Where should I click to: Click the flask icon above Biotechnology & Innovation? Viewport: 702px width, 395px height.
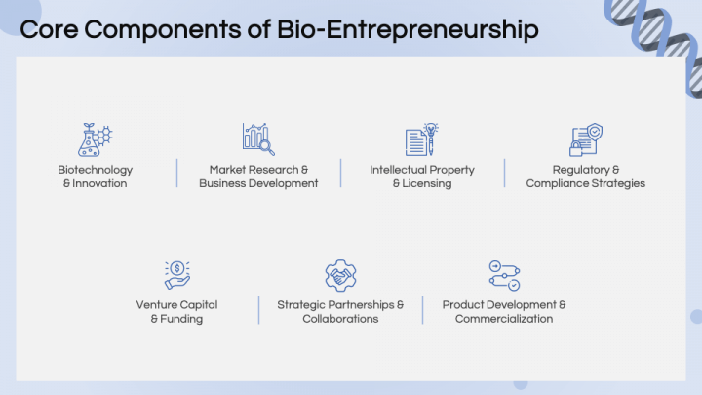[x=95, y=139]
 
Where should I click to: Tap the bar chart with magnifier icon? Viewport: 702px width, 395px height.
[x=258, y=139]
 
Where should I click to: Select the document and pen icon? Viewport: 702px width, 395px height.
[x=422, y=139]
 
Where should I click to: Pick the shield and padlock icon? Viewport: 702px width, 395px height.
[x=586, y=139]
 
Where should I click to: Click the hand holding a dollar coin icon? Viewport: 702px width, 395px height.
[x=176, y=275]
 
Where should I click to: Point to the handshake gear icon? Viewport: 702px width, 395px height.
[x=340, y=275]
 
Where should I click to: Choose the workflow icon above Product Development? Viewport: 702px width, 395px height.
[x=504, y=275]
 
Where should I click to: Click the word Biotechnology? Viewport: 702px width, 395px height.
[x=95, y=170]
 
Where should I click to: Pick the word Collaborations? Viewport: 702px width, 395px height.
[x=340, y=319]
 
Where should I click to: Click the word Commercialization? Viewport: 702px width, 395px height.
[x=504, y=319]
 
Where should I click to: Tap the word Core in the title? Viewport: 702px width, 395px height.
[x=49, y=29]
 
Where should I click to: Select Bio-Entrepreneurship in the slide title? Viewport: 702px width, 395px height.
[x=408, y=30]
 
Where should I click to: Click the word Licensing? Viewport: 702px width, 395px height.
[x=427, y=183]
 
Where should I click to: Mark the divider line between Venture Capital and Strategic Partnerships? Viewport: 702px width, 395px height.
[x=258, y=309]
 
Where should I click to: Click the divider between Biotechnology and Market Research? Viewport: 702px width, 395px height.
[x=176, y=173]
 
